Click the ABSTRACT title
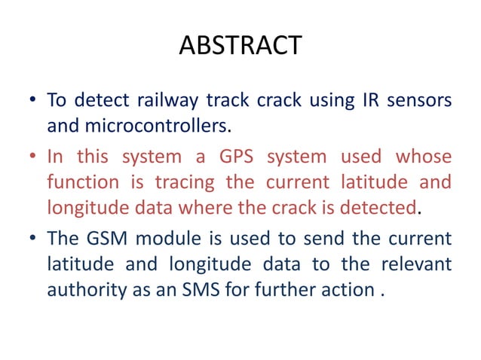(240, 46)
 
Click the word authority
(84, 289)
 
